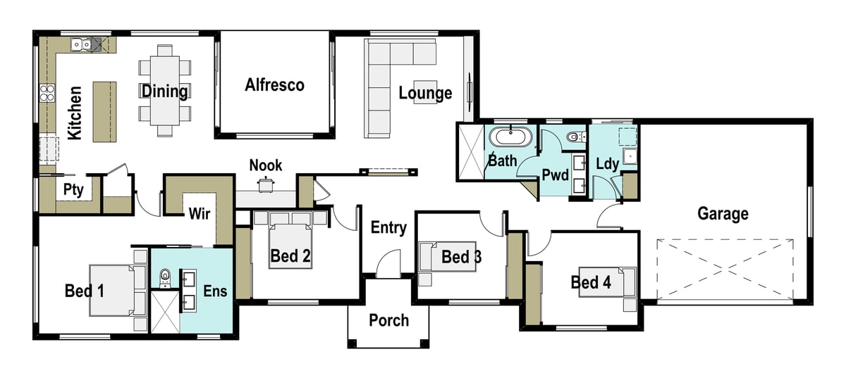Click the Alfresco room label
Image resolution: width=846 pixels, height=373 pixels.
[274, 85]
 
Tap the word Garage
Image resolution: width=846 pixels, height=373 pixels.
[723, 213]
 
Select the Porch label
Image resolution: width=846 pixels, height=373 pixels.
[388, 320]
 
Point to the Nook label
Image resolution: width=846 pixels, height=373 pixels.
[265, 165]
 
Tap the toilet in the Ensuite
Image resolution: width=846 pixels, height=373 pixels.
[165, 277]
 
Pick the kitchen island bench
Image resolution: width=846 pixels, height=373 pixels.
[105, 111]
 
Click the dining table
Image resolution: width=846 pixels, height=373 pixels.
[165, 90]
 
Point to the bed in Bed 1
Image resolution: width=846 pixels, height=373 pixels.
[113, 289]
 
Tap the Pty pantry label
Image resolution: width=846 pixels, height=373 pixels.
[73, 189]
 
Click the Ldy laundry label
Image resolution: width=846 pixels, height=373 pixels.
[607, 165]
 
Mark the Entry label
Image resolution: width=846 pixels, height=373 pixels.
[388, 227]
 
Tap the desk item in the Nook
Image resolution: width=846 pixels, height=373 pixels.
[265, 185]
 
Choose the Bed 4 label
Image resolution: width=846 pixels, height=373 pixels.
[591, 283]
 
